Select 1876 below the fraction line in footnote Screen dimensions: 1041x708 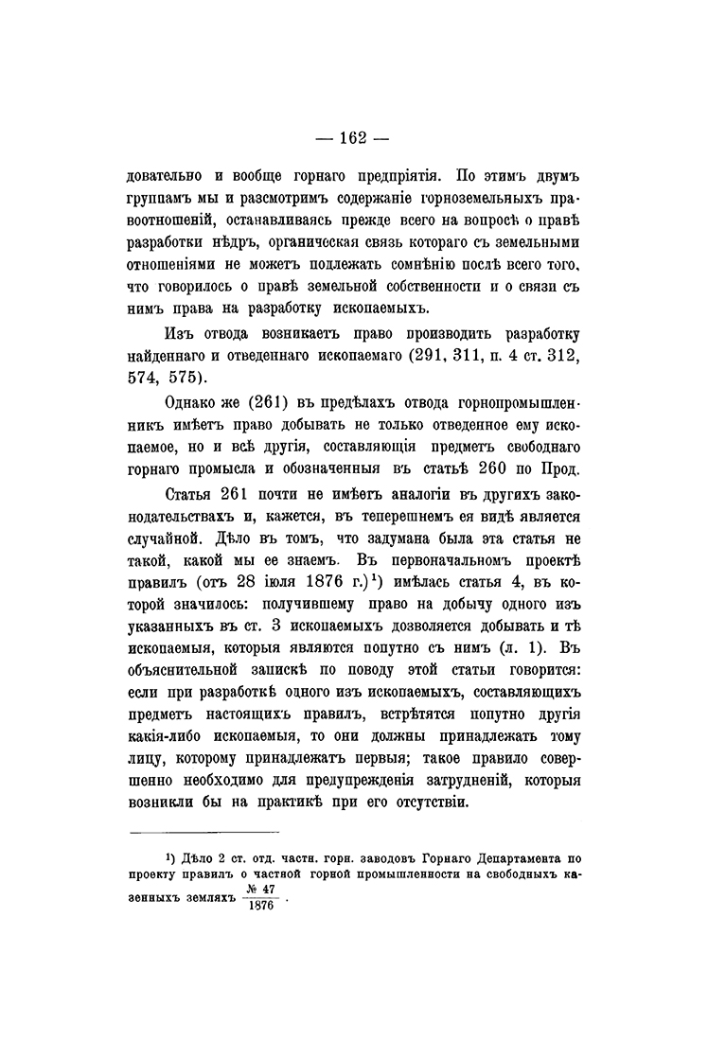click(257, 906)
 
